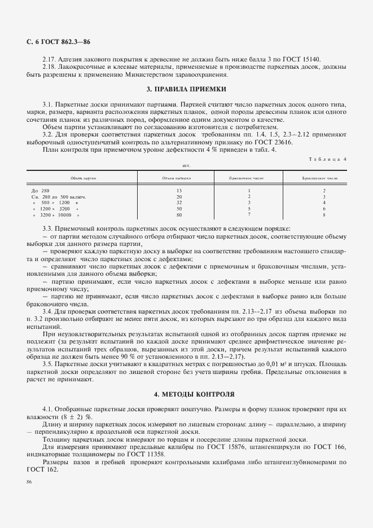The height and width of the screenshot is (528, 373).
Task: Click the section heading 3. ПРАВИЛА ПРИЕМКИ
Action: pyautogui.click(x=186, y=89)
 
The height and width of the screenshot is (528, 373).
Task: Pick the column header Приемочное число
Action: pyautogui.click(x=249, y=178)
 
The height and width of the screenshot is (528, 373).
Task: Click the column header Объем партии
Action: pyautogui.click(x=83, y=178)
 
